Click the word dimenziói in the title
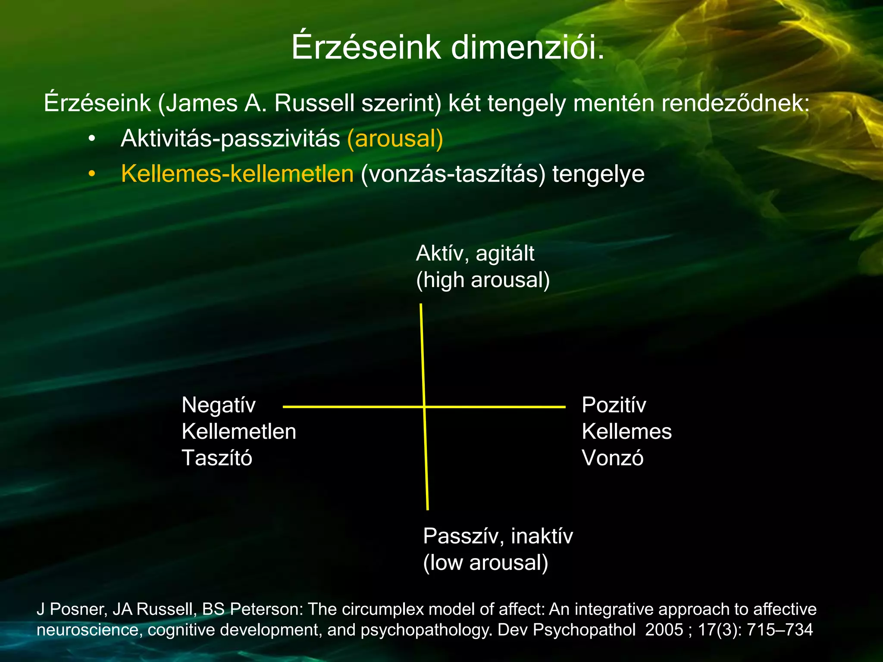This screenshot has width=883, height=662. [528, 47]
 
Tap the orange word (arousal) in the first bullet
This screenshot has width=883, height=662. [395, 139]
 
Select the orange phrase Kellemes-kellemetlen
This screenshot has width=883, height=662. [237, 174]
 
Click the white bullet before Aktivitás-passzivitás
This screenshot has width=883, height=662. [91, 139]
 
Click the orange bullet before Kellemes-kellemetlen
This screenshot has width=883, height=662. [91, 175]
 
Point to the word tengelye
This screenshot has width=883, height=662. [598, 175]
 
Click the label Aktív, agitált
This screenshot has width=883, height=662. [475, 253]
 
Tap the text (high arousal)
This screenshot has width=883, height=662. [482, 280]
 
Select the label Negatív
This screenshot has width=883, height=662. [219, 405]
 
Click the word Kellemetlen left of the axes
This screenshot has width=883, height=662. [239, 431]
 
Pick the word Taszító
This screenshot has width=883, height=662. [217, 458]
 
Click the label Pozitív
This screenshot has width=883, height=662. [614, 405]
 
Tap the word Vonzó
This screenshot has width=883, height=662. [612, 458]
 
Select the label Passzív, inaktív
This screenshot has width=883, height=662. [498, 537]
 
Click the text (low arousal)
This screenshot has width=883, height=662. [485, 563]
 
